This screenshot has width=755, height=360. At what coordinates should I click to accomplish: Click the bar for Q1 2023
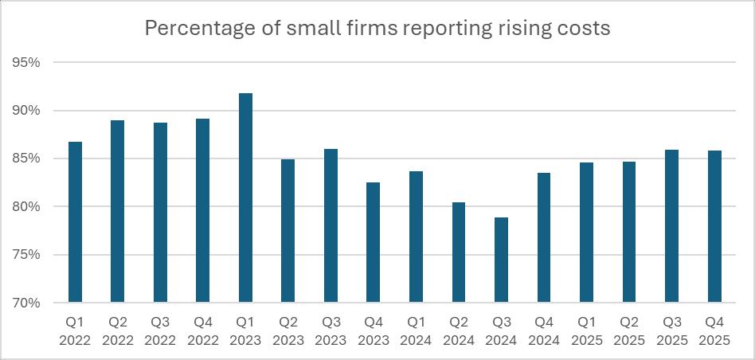[x=245, y=198]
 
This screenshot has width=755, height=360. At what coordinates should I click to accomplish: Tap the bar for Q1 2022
[x=75, y=222]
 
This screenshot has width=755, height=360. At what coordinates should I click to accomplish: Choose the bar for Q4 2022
[x=202, y=211]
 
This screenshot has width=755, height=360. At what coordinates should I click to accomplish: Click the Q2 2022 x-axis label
[x=117, y=331]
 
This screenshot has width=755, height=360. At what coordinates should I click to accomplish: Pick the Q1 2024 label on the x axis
[x=416, y=331]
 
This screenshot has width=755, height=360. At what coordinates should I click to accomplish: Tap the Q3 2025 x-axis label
[x=671, y=331]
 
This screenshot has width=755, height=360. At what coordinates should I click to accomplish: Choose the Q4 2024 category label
[x=544, y=331]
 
